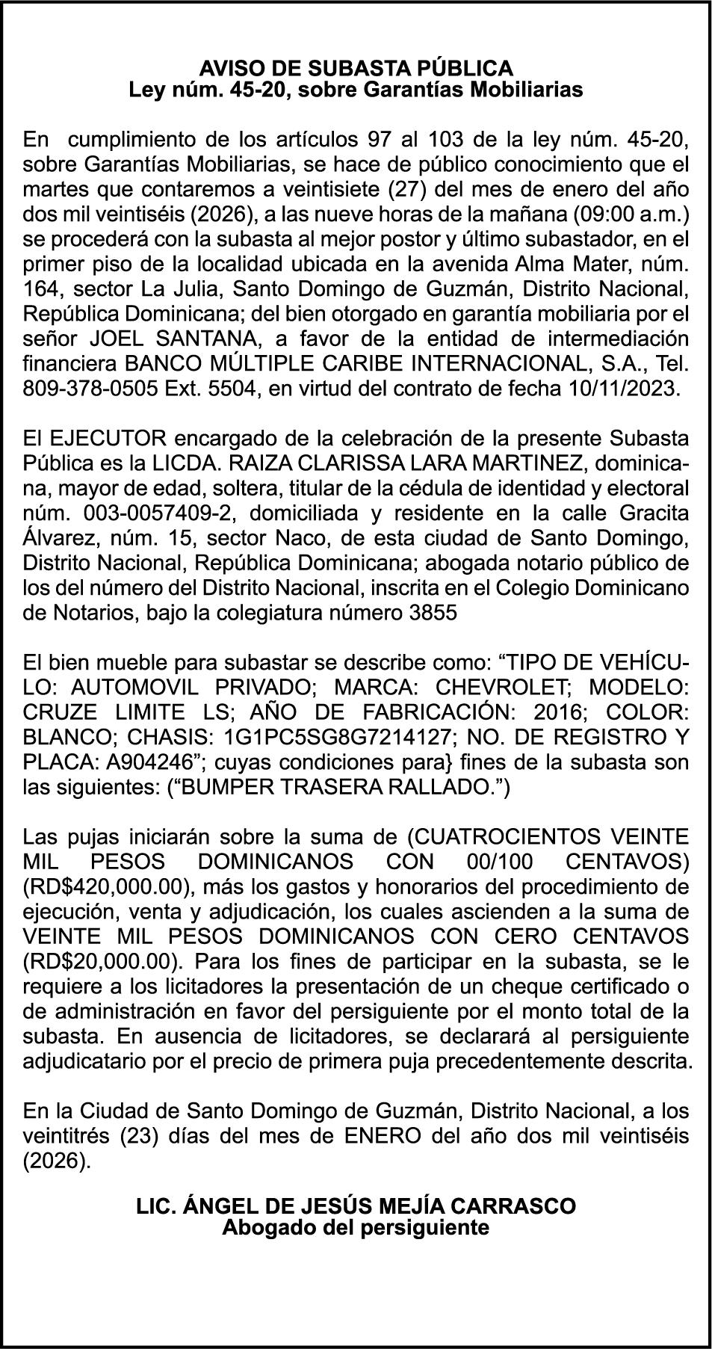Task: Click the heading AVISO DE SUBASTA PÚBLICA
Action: pos(356,68)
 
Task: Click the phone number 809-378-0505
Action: pos(83,389)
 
